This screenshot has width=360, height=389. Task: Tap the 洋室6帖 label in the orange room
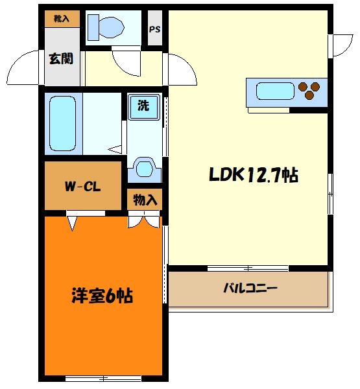(x=102, y=296)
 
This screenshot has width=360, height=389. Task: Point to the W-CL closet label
(x=82, y=188)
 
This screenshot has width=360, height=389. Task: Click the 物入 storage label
(x=145, y=200)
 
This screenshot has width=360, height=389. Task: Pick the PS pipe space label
(x=155, y=29)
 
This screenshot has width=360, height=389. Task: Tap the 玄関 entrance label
(x=60, y=58)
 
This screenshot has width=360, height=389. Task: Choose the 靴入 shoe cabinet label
(x=62, y=19)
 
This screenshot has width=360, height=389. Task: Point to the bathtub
(x=63, y=123)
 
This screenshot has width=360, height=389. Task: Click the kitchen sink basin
(x=275, y=91)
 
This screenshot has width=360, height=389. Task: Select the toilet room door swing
(x=125, y=63)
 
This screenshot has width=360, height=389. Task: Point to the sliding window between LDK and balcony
(x=248, y=267)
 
